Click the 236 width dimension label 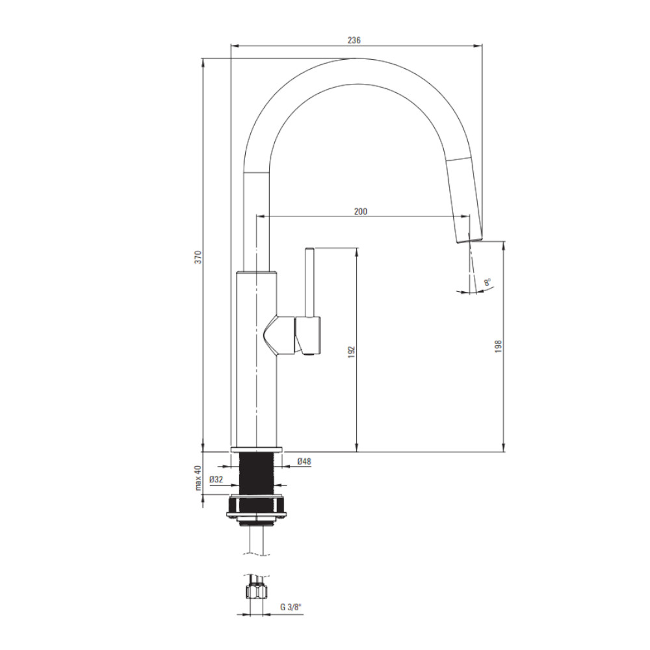(x=354, y=40)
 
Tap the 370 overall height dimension (x=198, y=257)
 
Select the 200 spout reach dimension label (x=361, y=211)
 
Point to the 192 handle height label (x=352, y=352)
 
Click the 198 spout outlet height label (x=499, y=346)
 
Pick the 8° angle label (x=487, y=282)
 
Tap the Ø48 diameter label (x=304, y=461)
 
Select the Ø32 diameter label (x=216, y=480)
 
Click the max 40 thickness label (x=198, y=478)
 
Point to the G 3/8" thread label (x=291, y=607)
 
